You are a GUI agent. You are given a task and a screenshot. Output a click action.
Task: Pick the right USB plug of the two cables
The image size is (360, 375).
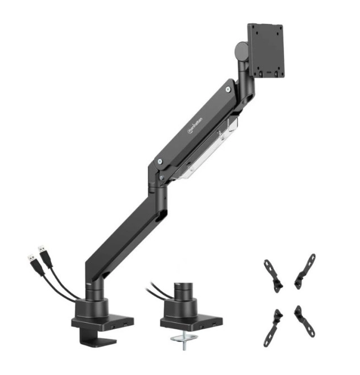tap(43, 252)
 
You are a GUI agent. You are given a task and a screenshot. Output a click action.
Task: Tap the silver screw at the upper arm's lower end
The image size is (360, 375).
tap(162, 162)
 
